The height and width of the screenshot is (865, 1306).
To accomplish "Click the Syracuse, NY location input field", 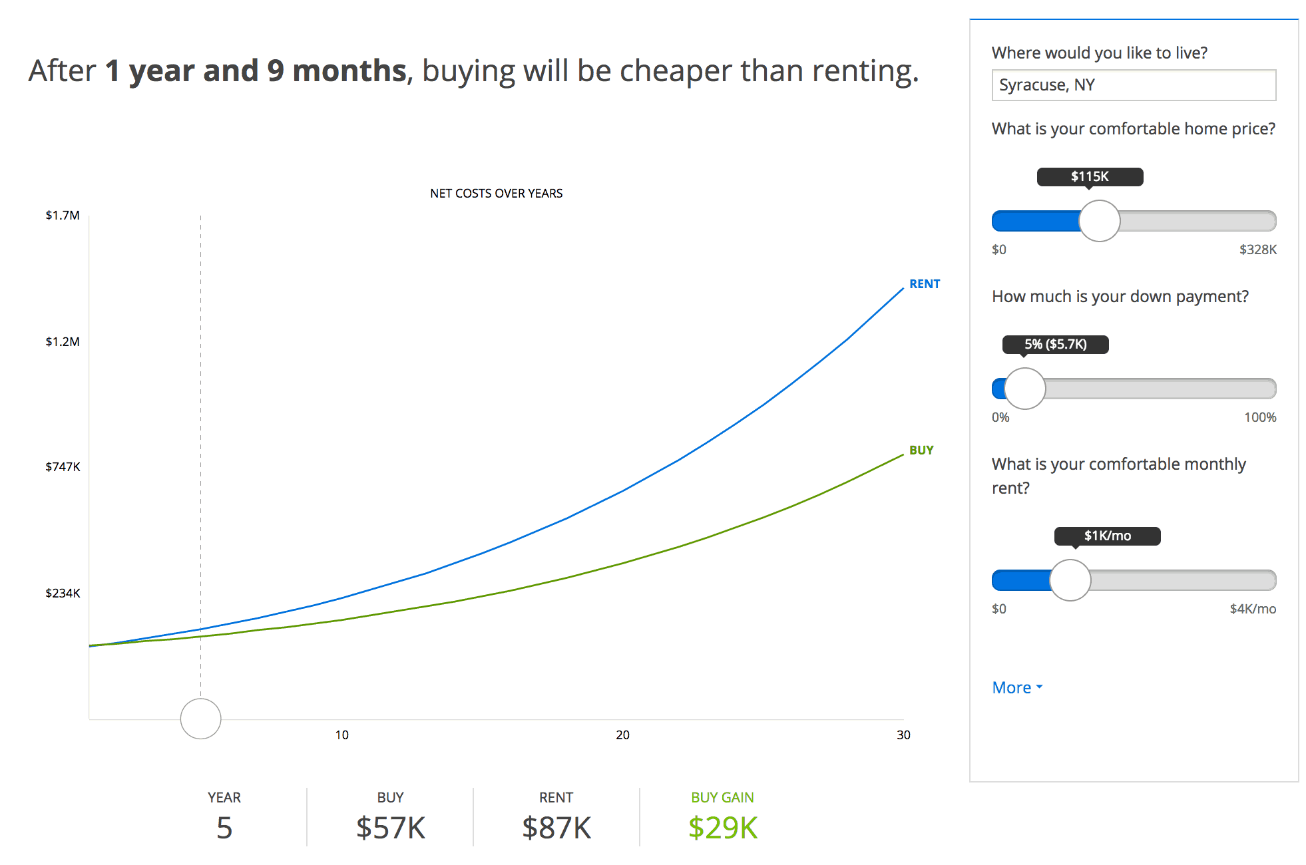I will [1133, 85].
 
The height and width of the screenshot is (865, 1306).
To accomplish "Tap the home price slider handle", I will [1099, 221].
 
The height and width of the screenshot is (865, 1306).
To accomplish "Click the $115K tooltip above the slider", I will [1090, 177].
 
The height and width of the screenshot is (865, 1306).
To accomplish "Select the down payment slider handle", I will [1024, 389].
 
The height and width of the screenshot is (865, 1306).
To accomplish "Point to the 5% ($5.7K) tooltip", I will [1055, 345].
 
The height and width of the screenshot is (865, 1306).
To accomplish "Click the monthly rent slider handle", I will [1070, 580].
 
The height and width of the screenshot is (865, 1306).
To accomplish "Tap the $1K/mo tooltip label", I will [1107, 536].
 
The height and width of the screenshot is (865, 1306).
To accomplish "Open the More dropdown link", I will [1016, 687].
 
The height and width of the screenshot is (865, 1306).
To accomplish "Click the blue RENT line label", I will [924, 284].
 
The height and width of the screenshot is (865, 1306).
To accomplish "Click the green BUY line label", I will [921, 450].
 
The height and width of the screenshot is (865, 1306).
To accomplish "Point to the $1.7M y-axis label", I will [63, 216].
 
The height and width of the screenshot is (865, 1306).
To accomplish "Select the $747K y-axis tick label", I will [63, 467].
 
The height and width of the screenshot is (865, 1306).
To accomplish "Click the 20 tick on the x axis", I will [622, 735].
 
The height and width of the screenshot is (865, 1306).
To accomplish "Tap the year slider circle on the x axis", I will [200, 719].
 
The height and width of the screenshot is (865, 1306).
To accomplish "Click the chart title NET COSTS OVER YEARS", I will [496, 194].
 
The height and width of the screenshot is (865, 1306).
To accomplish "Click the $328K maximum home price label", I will [1257, 250].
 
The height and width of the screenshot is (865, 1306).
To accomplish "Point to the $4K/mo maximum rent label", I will [1252, 609].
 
